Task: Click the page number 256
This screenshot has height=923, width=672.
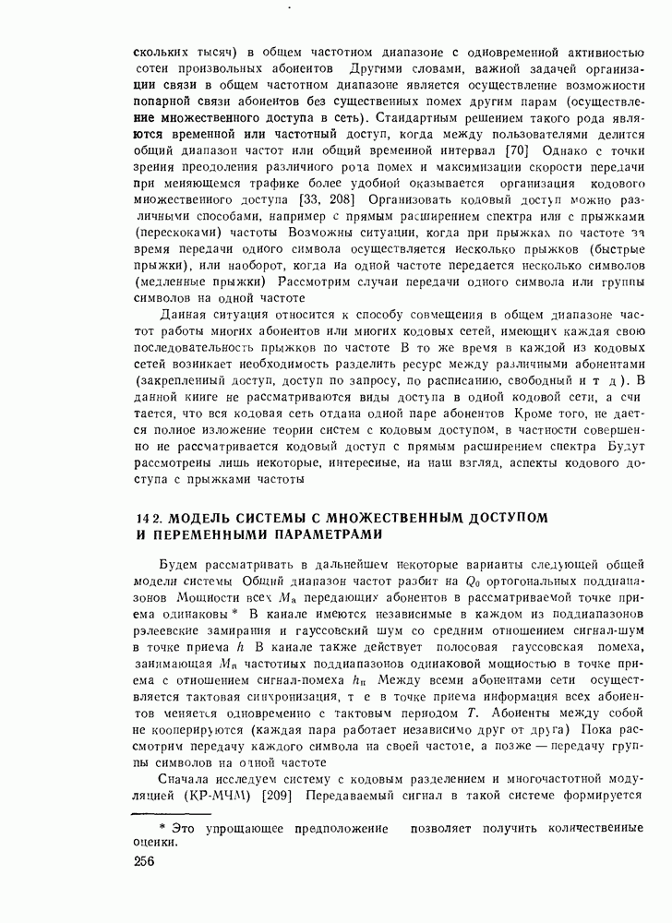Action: [145, 861]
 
